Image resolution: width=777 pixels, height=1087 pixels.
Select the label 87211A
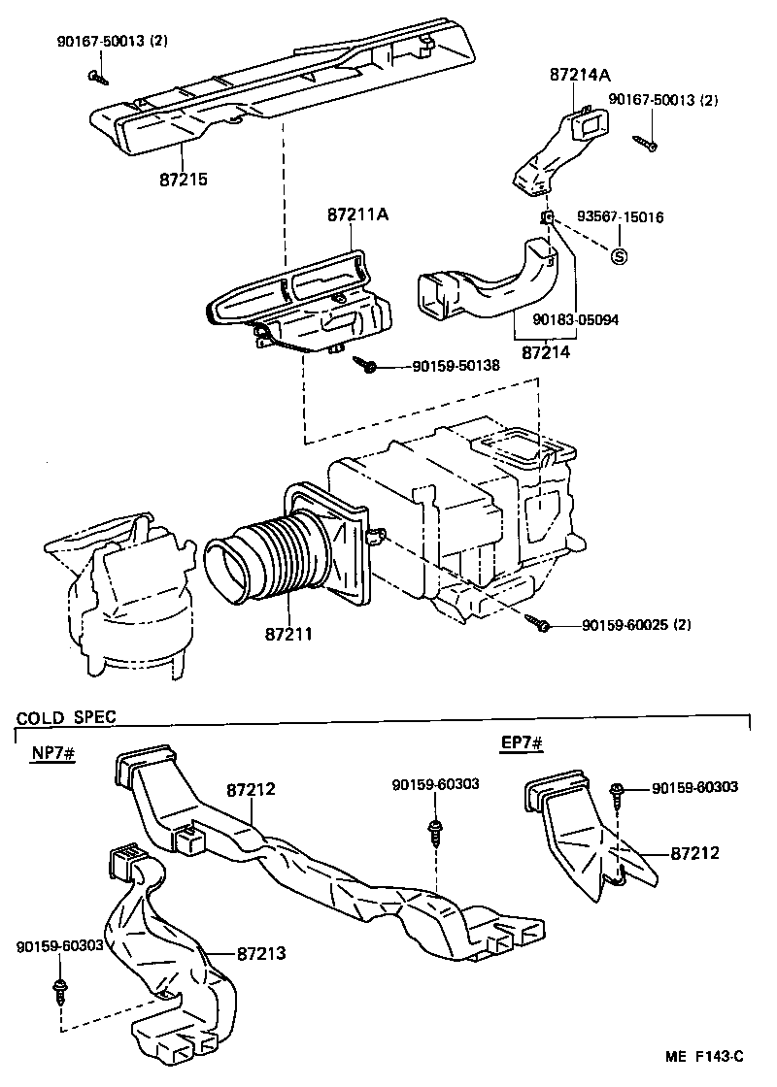point(356,214)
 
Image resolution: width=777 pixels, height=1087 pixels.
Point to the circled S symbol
point(619,256)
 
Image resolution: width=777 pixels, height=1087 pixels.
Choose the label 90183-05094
point(576,318)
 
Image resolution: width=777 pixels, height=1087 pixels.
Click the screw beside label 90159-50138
point(366,366)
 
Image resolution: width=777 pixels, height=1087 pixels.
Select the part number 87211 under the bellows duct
point(287,635)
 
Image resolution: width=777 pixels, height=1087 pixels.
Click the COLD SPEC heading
point(66,718)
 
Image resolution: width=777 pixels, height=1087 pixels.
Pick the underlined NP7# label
point(46,755)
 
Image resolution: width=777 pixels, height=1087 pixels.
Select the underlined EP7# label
point(521,744)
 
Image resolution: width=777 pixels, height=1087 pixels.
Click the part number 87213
point(260,954)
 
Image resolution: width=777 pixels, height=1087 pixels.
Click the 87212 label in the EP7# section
point(695,853)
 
